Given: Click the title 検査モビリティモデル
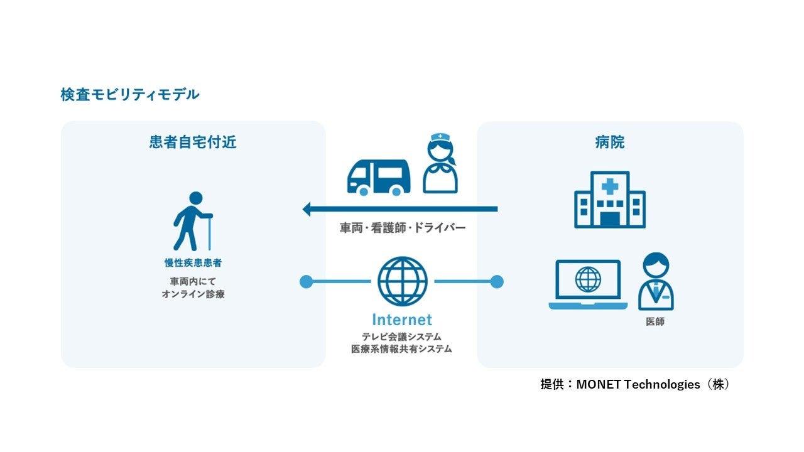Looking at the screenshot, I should click(x=130, y=95).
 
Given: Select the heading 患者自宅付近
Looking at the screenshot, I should click(x=193, y=143).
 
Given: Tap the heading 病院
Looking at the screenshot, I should click(x=609, y=143).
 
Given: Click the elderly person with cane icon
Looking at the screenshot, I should click(x=192, y=222).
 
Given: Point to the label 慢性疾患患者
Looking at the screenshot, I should click(x=193, y=263).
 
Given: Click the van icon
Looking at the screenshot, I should click(x=378, y=176).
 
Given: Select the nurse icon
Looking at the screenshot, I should click(x=440, y=164).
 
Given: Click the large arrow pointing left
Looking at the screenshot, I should click(x=399, y=209).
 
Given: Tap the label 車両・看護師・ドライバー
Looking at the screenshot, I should click(x=403, y=228).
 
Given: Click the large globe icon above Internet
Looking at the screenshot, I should click(x=402, y=281).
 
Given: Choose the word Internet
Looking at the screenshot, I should click(x=402, y=320).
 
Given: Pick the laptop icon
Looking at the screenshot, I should click(x=588, y=284).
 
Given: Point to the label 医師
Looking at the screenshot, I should click(x=655, y=321).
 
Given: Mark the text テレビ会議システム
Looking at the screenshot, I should click(x=402, y=337).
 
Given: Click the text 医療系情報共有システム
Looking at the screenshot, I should click(x=402, y=349).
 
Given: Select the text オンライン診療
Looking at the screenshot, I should click(x=193, y=294).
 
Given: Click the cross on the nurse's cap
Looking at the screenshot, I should click(x=440, y=137).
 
